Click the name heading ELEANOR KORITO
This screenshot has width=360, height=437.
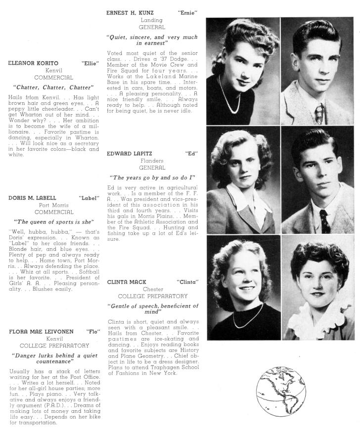[33, 63]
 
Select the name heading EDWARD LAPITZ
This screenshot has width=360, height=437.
[130, 154]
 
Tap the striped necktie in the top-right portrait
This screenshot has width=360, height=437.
[319, 112]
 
